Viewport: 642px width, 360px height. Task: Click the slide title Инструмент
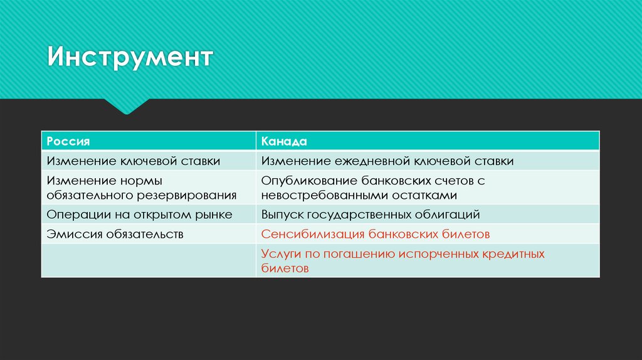click(x=131, y=59)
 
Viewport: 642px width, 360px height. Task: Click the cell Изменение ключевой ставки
click(x=133, y=161)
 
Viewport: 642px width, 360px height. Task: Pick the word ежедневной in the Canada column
click(x=364, y=161)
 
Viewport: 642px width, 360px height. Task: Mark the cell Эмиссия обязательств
click(x=115, y=234)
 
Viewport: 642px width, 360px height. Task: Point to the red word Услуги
click(x=280, y=254)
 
